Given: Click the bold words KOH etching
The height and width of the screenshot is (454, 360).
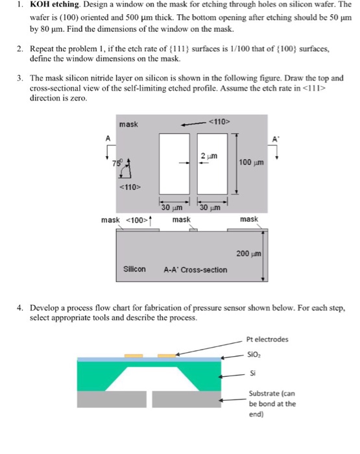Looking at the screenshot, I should [x=49, y=5].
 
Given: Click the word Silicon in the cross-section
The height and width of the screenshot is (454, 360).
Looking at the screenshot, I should [x=135, y=269].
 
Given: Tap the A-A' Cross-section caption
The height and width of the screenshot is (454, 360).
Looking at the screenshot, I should [x=195, y=269].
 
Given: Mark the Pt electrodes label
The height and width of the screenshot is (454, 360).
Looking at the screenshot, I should [x=269, y=338].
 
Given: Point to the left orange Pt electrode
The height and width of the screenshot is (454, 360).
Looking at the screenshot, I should [x=134, y=355].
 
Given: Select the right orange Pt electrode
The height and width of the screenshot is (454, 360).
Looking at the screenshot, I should [x=167, y=355].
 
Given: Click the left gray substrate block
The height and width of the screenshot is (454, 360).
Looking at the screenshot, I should [x=112, y=399].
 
